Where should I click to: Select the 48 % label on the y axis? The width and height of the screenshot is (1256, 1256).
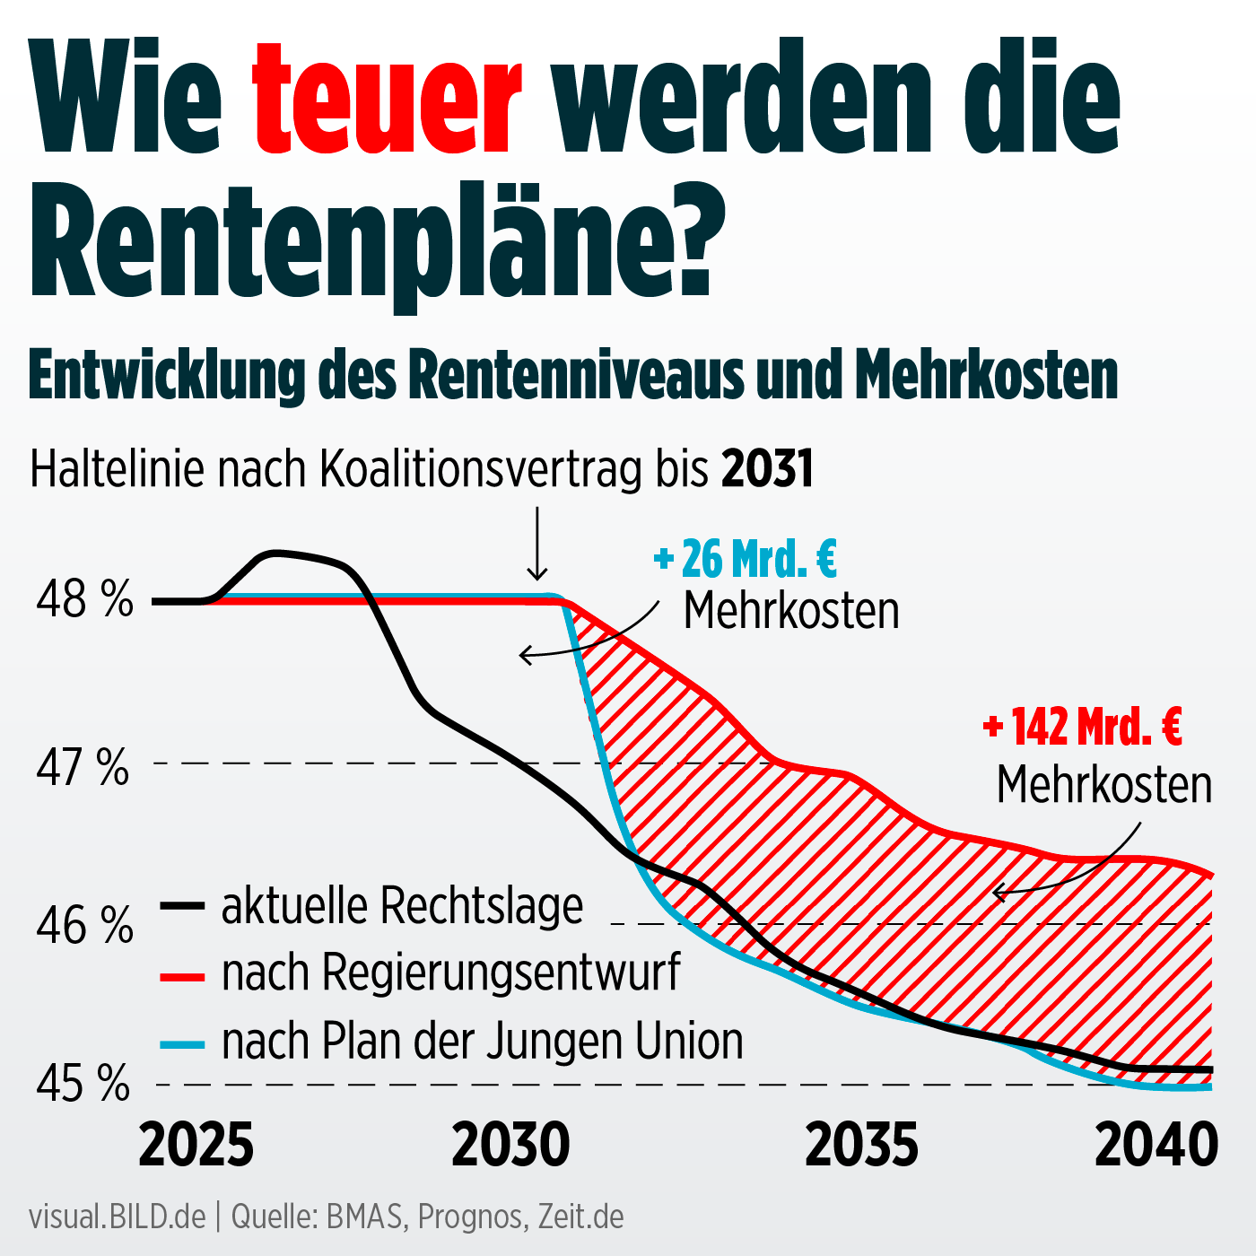click(x=84, y=599)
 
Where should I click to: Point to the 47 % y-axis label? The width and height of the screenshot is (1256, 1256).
click(x=83, y=768)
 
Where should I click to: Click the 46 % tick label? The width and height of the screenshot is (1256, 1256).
click(x=84, y=926)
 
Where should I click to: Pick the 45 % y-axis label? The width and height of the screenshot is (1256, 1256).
click(x=83, y=1086)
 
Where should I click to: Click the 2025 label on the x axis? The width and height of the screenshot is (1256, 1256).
click(x=196, y=1146)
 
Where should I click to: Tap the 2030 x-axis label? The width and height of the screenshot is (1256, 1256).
click(x=510, y=1146)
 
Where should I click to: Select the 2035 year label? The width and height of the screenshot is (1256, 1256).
click(x=861, y=1146)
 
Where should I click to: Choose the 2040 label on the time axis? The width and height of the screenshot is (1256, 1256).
click(x=1156, y=1146)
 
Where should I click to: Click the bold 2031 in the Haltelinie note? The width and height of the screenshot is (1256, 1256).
click(x=768, y=468)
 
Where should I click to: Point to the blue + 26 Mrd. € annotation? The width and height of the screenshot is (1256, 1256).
click(x=746, y=559)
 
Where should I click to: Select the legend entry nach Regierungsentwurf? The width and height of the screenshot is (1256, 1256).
click(x=451, y=973)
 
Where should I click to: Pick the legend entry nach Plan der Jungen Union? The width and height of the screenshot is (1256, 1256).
click(x=483, y=1042)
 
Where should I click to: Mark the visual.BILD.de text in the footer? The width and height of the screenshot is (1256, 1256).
click(x=118, y=1217)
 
